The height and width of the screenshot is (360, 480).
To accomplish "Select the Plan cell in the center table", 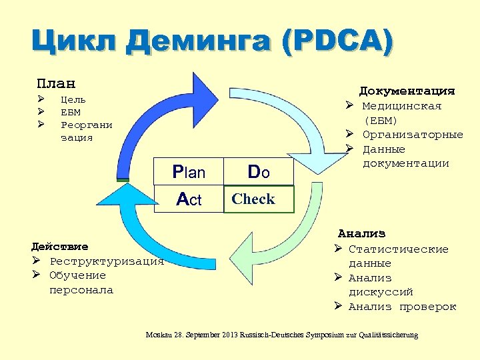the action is pos(189,173).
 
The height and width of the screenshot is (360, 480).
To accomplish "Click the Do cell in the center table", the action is pos(259,172).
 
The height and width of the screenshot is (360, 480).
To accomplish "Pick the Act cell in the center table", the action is pos(189,199).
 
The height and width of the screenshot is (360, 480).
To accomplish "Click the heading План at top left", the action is pos(56,84).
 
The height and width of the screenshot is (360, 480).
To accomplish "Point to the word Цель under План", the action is pos(73,99).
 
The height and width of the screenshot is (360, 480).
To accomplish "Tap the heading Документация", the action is pos(407,91).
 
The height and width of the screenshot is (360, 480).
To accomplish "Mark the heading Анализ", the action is pos(361,234).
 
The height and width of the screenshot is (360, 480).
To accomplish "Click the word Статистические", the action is pos(399,249).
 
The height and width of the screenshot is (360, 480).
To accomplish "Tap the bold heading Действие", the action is pos(64,247).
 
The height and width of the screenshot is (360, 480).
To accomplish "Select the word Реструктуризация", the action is pos(107,261).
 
